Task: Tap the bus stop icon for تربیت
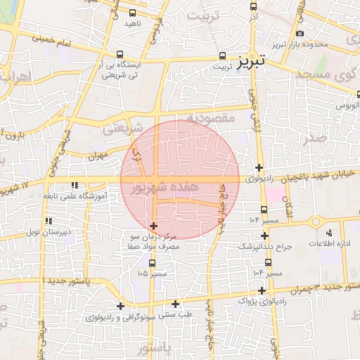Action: (x=223, y=56)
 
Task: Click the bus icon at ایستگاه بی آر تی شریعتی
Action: (x=120, y=54)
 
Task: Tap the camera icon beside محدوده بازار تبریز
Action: (x=300, y=34)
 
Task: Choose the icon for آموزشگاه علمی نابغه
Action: (x=74, y=186)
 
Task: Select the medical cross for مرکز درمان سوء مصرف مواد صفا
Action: (x=153, y=225)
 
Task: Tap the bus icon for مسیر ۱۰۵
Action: (x=152, y=264)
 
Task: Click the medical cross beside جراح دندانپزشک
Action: (x=264, y=236)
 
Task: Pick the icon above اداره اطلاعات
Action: (x=328, y=232)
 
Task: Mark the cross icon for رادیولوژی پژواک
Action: (x=262, y=290)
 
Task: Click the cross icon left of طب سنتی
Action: (x=176, y=304)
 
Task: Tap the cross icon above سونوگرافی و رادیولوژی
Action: (x=121, y=306)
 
